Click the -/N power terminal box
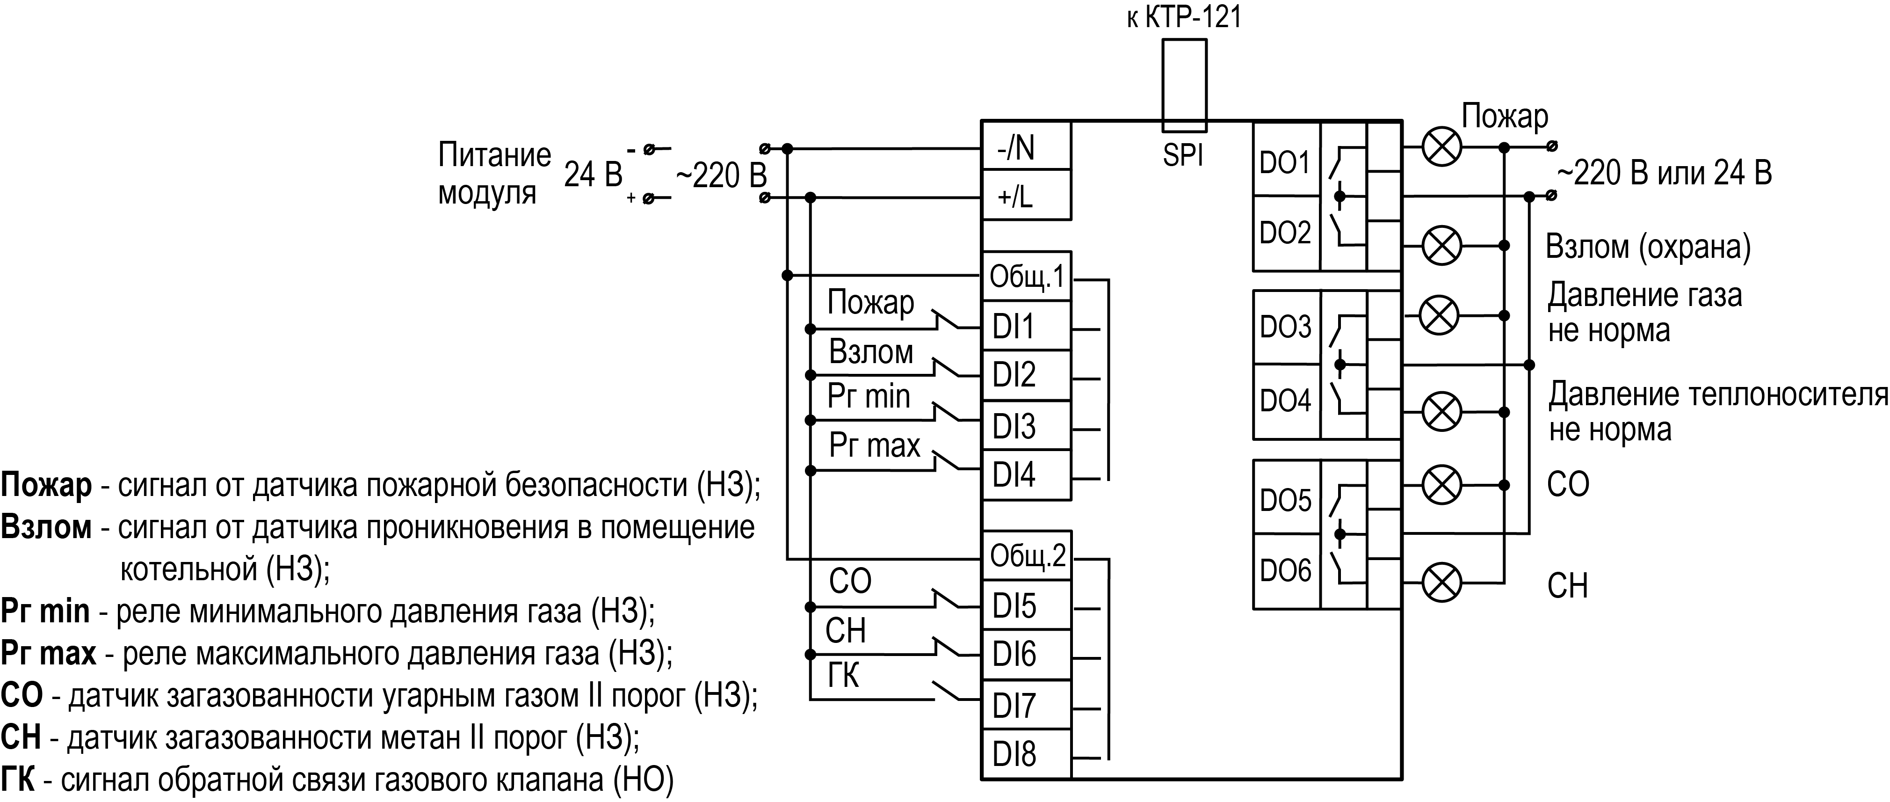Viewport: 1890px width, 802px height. coord(1026,147)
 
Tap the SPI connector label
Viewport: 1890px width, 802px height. coord(1183,155)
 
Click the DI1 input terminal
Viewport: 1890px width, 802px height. coord(1026,326)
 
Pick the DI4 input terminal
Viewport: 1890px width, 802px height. coord(1026,475)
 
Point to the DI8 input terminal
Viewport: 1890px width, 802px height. coord(1026,754)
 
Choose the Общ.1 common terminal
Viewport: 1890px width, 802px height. coord(1026,277)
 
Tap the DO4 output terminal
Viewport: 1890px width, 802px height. coord(1285,401)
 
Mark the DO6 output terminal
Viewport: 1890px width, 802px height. coord(1285,570)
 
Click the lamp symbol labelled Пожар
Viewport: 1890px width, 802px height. coord(1442,147)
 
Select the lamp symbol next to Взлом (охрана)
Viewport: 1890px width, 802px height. coord(1442,245)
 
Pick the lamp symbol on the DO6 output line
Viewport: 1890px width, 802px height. coord(1442,583)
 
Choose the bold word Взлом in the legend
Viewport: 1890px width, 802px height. coord(46,527)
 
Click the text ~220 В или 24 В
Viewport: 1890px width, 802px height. coord(1664,173)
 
